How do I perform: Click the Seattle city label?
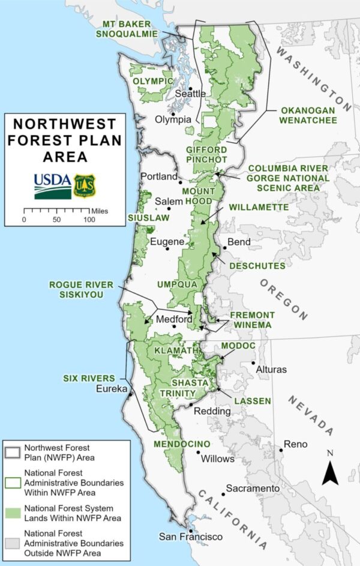click(x=190, y=94)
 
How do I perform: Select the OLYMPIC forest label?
click(x=153, y=81)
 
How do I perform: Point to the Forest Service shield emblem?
click(x=83, y=186)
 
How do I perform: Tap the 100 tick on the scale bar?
click(x=89, y=219)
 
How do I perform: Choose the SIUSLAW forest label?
click(x=149, y=218)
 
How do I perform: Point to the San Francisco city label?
click(x=190, y=537)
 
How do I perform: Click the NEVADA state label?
click(x=311, y=415)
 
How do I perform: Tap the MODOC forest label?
click(x=238, y=346)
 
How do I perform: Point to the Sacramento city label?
click(x=253, y=489)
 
